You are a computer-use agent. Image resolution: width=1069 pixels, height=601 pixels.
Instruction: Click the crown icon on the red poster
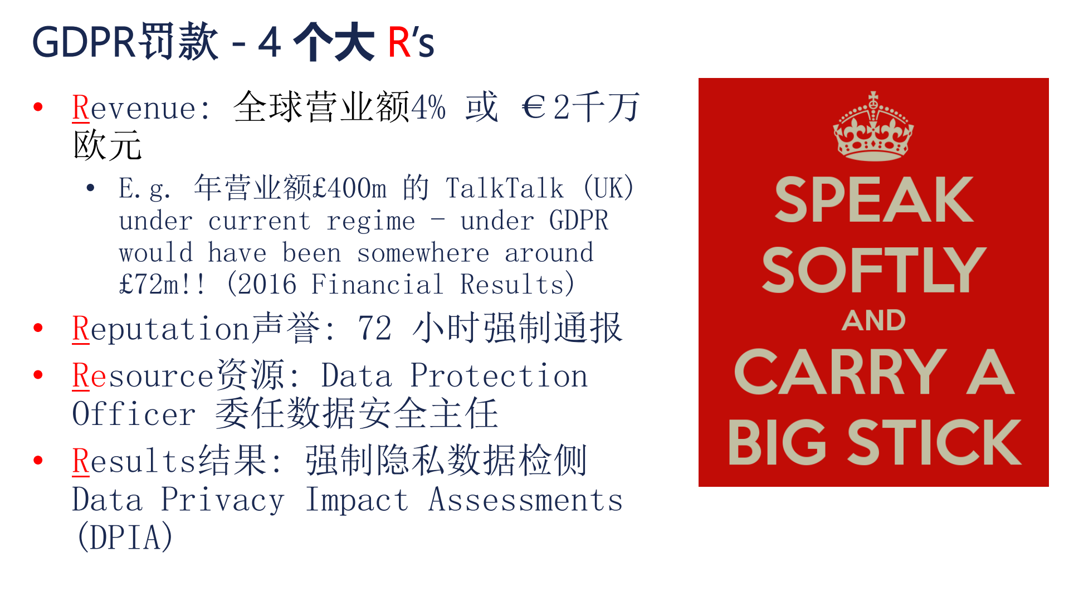[x=873, y=126]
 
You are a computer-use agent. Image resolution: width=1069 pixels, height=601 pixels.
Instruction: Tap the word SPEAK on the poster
[x=873, y=200]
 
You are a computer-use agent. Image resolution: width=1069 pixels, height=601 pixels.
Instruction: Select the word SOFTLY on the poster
[x=873, y=270]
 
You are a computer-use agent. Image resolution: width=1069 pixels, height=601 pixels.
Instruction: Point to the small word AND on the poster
[x=873, y=321]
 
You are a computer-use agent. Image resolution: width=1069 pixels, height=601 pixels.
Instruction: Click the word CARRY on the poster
[x=840, y=372]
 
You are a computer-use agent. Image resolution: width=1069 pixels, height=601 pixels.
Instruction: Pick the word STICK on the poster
[x=934, y=443]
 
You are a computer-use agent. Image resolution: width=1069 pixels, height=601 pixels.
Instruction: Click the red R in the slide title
[x=399, y=42]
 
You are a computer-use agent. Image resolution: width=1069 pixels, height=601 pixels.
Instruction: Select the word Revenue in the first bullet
[x=134, y=108]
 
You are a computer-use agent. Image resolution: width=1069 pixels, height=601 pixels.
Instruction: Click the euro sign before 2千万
[x=534, y=107]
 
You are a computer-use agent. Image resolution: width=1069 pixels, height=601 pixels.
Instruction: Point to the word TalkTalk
[x=505, y=188]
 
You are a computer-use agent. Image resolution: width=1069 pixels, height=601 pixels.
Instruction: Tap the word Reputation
[x=160, y=328]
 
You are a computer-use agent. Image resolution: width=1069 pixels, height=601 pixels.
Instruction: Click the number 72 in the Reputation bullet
[x=374, y=328]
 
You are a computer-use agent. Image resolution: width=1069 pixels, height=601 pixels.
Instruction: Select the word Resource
[x=143, y=376]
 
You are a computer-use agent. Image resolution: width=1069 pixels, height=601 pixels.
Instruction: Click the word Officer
[x=134, y=414]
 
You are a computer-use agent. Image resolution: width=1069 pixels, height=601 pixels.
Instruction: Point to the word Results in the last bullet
[x=134, y=461]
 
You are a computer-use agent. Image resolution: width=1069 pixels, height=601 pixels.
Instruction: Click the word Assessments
[x=525, y=500]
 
